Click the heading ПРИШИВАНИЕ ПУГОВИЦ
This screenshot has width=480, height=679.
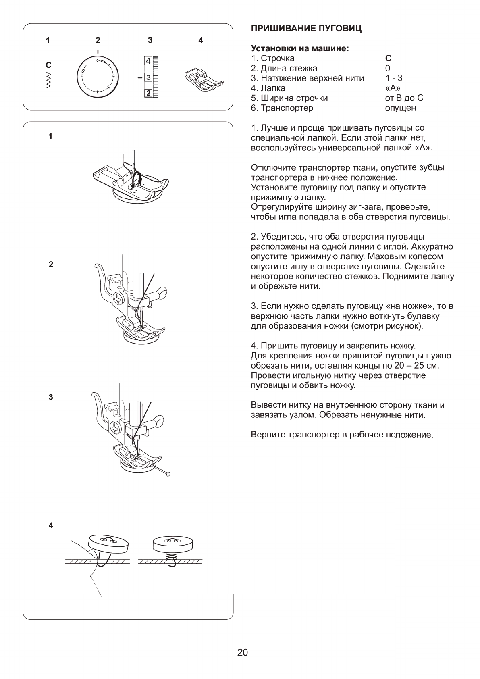point(306,29)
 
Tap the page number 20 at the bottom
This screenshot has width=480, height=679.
point(243,652)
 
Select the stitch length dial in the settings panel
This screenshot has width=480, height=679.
point(97,77)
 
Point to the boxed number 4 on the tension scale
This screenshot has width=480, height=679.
point(148,61)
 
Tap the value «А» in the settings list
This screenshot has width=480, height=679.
point(393,88)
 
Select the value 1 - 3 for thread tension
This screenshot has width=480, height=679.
point(393,78)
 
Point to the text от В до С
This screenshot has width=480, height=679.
point(404,98)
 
